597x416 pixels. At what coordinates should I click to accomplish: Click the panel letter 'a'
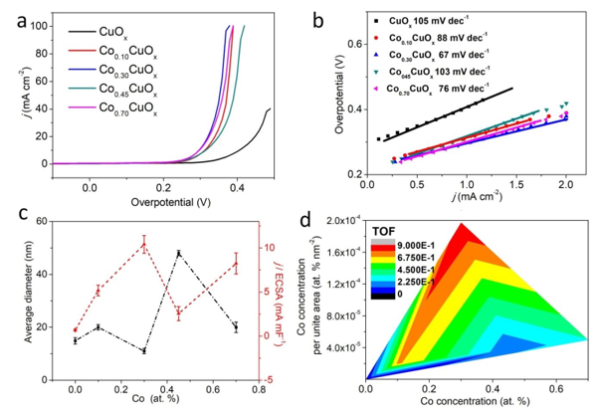coord(13,17)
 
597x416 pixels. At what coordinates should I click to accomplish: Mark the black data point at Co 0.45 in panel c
coord(179,253)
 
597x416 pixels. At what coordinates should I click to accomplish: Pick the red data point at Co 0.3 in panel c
coord(144,245)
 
